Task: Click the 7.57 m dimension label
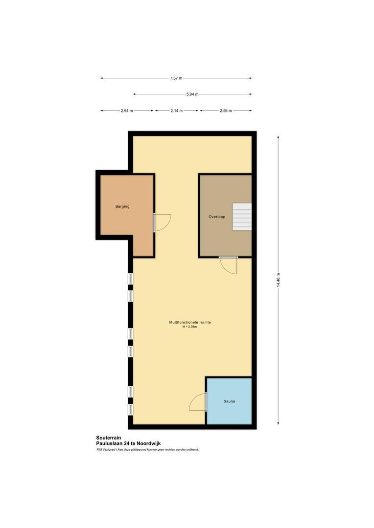176,78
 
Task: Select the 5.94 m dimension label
192,94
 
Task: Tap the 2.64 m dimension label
127,111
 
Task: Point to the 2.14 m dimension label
176,111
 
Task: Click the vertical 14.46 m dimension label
278,281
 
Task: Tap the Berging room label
122,207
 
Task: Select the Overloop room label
217,217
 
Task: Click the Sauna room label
230,401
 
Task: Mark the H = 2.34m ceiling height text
190,327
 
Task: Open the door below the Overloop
229,264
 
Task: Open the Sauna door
198,402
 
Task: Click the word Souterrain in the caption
109,438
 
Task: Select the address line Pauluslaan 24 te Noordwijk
128,444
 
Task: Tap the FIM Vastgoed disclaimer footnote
147,450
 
